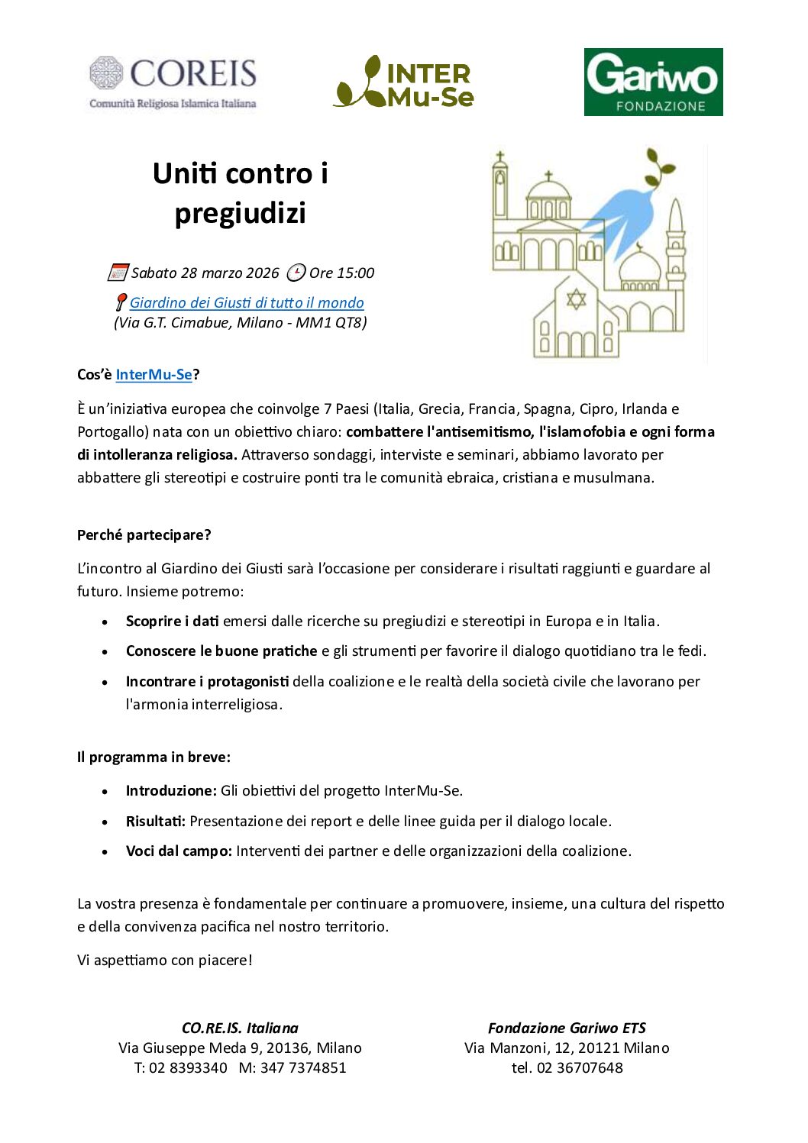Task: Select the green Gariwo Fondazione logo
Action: click(653, 82)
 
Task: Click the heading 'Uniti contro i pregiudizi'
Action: click(240, 193)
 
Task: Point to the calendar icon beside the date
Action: click(118, 273)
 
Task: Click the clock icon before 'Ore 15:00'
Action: click(296, 273)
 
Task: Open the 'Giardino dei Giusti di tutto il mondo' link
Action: click(247, 302)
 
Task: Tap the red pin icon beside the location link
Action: click(121, 302)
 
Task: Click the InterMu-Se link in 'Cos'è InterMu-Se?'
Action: click(154, 374)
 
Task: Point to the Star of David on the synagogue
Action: click(576, 298)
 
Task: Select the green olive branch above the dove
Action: click(659, 168)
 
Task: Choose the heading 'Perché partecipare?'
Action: click(144, 534)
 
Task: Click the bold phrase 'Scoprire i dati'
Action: click(173, 621)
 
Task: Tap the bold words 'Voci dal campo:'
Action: click(179, 851)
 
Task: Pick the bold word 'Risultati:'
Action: click(156, 821)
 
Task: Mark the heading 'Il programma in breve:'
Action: click(154, 757)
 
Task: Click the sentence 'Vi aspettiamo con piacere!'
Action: click(165, 960)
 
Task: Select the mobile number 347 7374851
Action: click(303, 1067)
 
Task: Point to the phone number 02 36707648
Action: click(580, 1067)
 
